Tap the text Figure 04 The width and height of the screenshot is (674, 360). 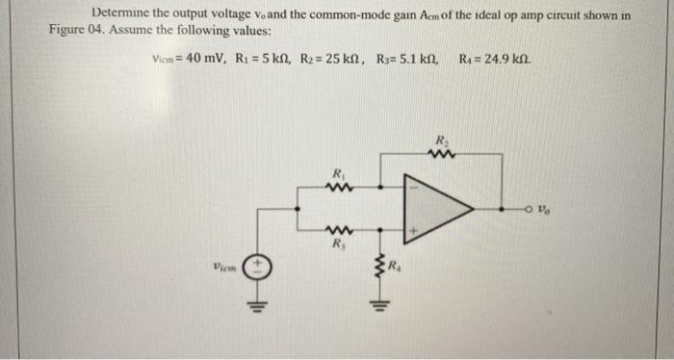point(75,30)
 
